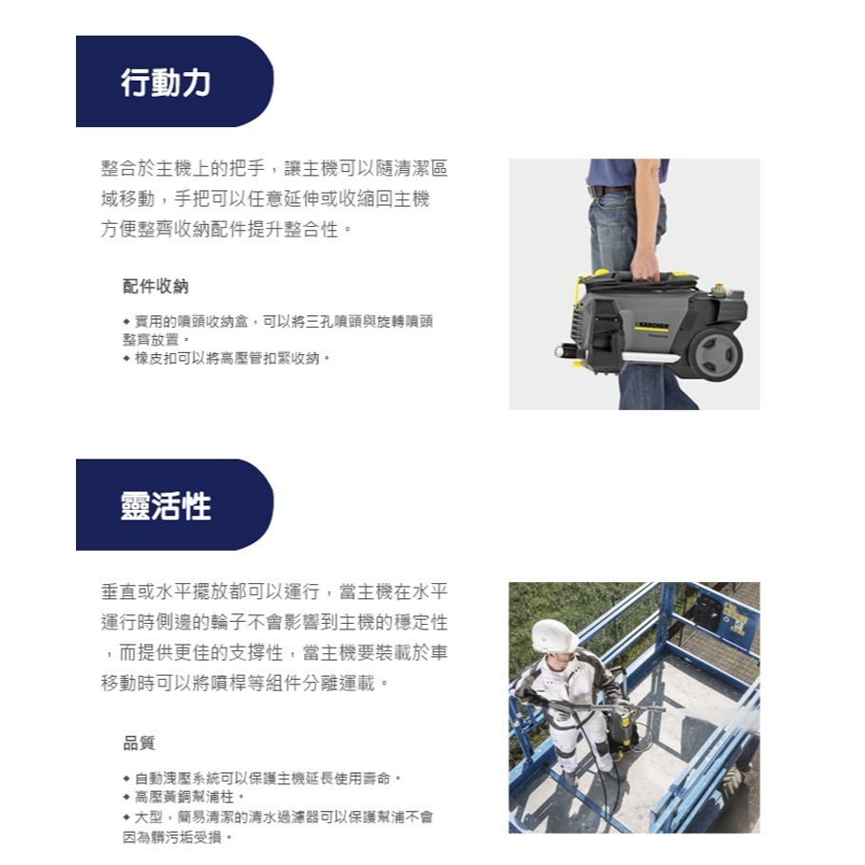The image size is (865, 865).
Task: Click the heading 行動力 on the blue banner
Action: (x=166, y=84)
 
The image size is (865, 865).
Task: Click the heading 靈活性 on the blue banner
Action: (x=166, y=506)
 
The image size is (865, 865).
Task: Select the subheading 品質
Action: (x=139, y=743)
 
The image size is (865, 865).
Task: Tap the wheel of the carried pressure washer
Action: (x=715, y=351)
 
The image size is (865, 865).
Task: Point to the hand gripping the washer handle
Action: (x=646, y=263)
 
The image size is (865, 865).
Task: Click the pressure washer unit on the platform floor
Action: (x=622, y=730)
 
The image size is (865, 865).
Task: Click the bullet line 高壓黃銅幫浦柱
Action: (x=190, y=797)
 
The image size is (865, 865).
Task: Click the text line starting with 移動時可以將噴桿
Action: (x=244, y=683)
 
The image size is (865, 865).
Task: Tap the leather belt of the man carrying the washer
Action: (x=609, y=191)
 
